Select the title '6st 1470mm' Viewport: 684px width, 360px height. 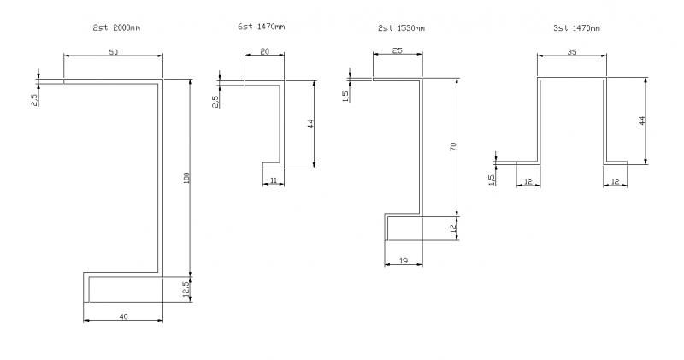262,28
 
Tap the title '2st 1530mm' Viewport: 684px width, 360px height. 401,28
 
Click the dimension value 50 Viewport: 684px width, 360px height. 114,52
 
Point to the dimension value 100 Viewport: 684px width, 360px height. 186,177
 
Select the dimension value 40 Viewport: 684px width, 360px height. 123,316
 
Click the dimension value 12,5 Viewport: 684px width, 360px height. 186,289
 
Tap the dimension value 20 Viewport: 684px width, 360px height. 264,52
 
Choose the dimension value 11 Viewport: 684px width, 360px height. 273,181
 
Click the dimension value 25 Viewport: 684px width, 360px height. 398,52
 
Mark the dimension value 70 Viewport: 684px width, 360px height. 454,147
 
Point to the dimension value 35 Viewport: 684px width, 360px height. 571,52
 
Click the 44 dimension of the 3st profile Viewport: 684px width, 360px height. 642,121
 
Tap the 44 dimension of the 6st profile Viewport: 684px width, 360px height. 311,124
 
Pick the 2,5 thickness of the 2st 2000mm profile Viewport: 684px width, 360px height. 33,99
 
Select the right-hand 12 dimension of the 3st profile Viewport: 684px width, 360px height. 616,181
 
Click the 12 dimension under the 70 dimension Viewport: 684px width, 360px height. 454,227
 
